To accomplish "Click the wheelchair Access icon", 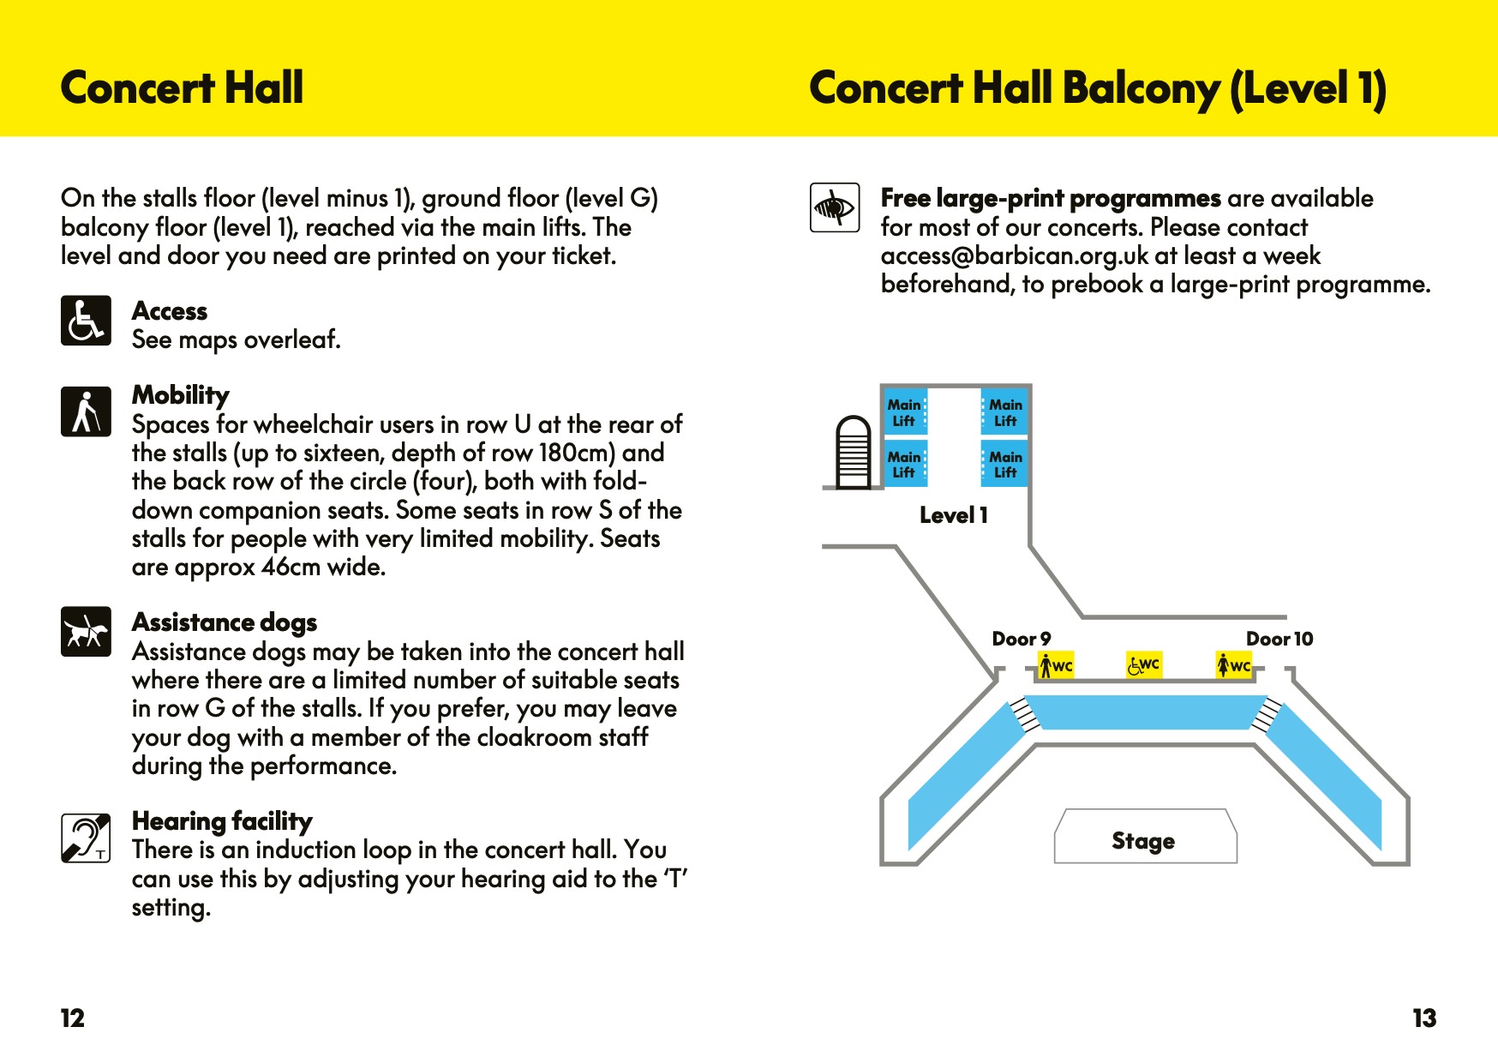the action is (x=86, y=321).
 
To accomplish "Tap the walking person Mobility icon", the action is (x=86, y=411).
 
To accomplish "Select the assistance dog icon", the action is (x=86, y=632).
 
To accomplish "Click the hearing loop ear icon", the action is (x=86, y=838).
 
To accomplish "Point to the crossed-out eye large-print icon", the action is (x=835, y=207).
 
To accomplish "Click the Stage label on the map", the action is (x=1143, y=841).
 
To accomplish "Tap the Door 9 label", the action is (x=1021, y=639).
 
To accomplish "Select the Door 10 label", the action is (x=1279, y=639).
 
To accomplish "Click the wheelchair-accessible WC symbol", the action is (x=1144, y=664).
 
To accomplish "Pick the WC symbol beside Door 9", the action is (x=1056, y=665).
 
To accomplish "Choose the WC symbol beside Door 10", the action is (x=1234, y=665).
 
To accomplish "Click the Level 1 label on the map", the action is (x=954, y=515).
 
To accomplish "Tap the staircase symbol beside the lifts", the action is (x=853, y=452).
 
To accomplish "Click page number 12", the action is (x=73, y=1018).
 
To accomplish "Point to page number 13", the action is (x=1424, y=1018).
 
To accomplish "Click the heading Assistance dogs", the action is (x=225, y=622).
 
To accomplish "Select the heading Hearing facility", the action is (x=222, y=821).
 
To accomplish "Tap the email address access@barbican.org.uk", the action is (x=1015, y=255).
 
